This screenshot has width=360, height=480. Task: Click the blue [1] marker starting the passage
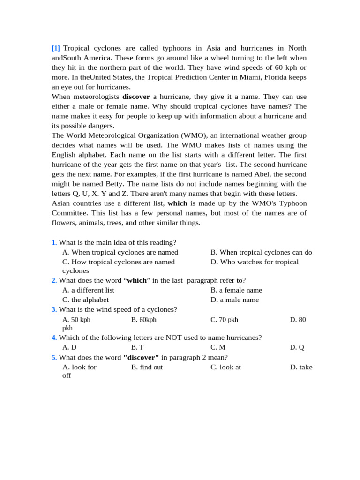coord(56,48)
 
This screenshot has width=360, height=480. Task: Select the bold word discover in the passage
coord(136,97)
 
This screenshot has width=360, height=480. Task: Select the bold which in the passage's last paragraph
coord(177,203)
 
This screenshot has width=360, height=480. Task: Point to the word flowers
coord(63,223)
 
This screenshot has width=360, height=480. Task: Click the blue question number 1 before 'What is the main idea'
coord(54,242)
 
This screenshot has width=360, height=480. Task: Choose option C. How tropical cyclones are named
coord(119,262)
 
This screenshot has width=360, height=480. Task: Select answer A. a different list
coord(88,290)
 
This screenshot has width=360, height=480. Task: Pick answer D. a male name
coord(234,300)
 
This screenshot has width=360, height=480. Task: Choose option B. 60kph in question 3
coord(143,320)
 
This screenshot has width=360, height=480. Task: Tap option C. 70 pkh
coord(224,320)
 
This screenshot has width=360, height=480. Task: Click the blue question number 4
coord(54,337)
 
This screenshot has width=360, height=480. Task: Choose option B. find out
coord(147,367)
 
